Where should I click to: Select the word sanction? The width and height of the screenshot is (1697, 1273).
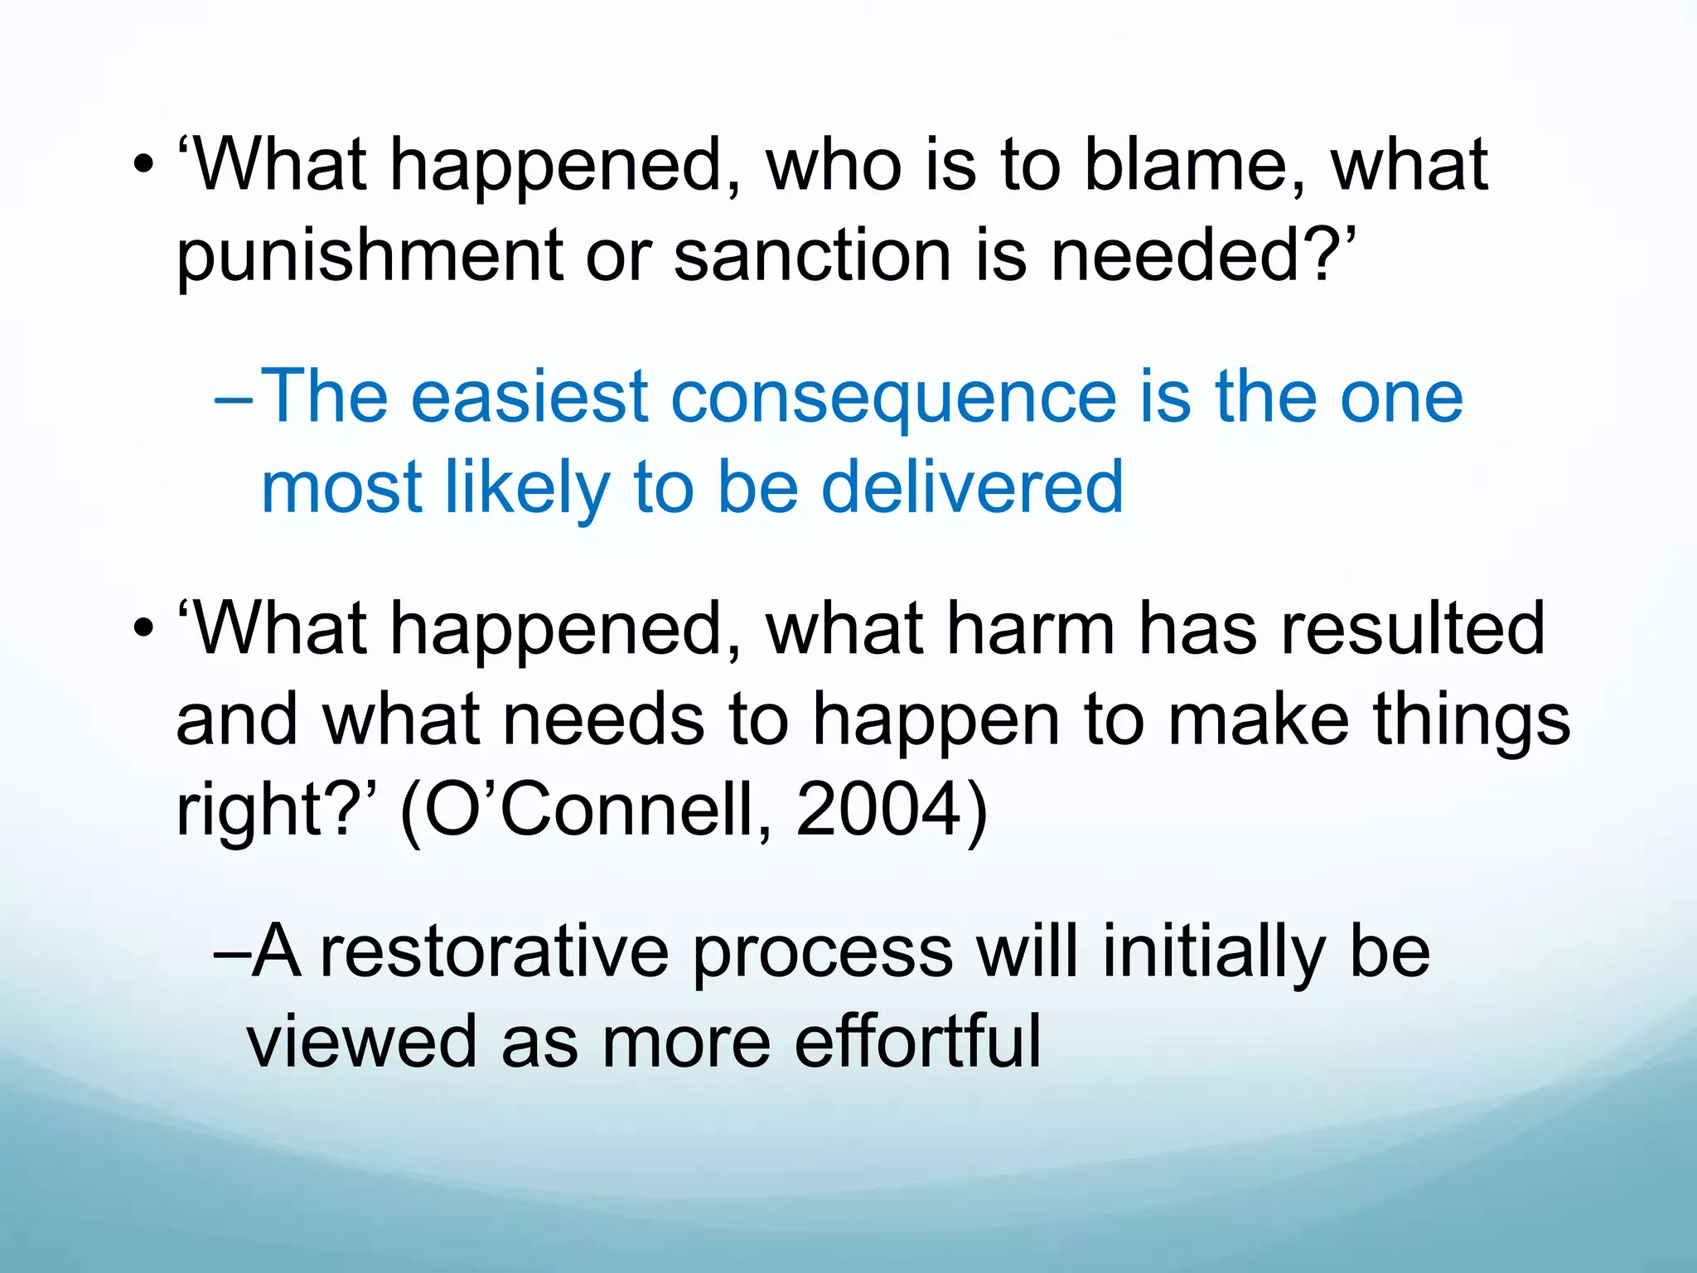coord(812,255)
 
